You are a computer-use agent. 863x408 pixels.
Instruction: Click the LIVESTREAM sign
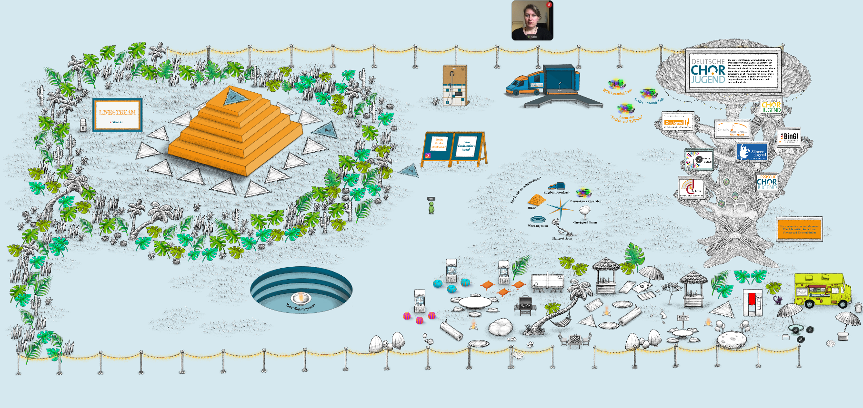pyautogui.click(x=117, y=115)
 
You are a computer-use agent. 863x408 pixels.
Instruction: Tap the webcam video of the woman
pyautogui.click(x=532, y=20)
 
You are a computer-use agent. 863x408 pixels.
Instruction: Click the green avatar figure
pyautogui.click(x=431, y=207)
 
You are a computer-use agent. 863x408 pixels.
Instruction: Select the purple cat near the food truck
pyautogui.click(x=777, y=300)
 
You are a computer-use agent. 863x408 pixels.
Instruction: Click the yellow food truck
pyautogui.click(x=822, y=290)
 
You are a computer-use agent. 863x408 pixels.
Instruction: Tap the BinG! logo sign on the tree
pyautogui.click(x=789, y=137)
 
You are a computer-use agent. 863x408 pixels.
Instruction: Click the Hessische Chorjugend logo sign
pyautogui.click(x=767, y=182)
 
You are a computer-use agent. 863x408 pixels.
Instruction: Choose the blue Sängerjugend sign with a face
pyautogui.click(x=752, y=152)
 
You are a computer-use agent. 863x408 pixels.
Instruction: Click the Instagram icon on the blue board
pyautogui.click(x=428, y=155)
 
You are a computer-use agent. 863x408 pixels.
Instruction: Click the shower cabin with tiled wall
pyautogui.click(x=455, y=86)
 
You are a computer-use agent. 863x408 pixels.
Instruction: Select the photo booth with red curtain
pyautogui.click(x=753, y=302)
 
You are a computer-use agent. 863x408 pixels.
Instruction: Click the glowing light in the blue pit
pyautogui.click(x=301, y=298)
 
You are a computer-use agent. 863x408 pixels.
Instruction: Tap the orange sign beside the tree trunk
pyautogui.click(x=799, y=229)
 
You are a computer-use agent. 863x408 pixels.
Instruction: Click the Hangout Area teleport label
pyautogui.click(x=562, y=238)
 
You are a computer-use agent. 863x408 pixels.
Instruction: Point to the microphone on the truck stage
pyautogui.click(x=560, y=86)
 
